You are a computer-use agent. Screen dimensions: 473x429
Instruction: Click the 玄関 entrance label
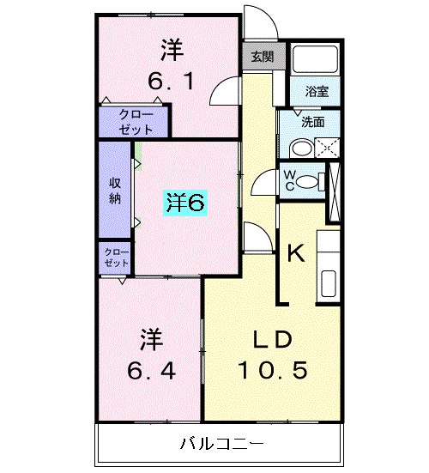(x=263, y=58)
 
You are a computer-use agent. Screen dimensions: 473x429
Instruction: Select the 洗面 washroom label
(x=312, y=121)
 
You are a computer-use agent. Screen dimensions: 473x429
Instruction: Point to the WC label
(x=290, y=181)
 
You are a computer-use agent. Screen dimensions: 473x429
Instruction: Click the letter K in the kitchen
(x=295, y=252)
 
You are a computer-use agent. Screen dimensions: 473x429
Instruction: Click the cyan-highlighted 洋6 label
(x=185, y=203)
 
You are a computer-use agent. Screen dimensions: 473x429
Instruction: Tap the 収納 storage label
(x=114, y=191)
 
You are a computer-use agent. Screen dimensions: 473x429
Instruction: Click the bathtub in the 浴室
(x=315, y=58)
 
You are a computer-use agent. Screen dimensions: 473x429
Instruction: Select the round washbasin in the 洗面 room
(x=296, y=148)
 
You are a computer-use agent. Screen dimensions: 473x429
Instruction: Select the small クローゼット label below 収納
(x=115, y=257)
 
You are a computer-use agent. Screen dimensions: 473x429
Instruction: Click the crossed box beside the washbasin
(x=328, y=148)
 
